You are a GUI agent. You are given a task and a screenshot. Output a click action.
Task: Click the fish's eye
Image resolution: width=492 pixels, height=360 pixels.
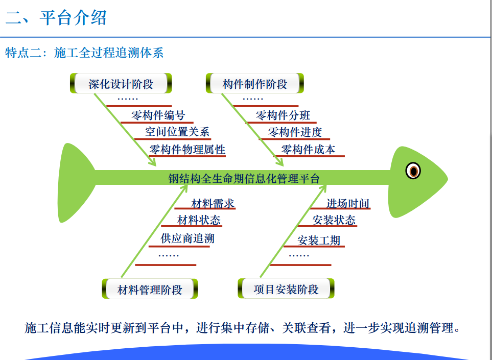(413, 171)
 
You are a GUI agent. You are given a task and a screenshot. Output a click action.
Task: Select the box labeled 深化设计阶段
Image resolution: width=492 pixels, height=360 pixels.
(121, 83)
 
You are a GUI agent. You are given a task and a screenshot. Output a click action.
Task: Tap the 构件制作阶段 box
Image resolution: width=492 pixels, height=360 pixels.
(255, 83)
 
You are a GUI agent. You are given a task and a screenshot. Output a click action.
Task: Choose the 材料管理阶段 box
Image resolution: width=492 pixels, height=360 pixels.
(150, 289)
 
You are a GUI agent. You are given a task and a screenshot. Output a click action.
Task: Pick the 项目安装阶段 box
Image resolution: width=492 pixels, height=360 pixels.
(286, 289)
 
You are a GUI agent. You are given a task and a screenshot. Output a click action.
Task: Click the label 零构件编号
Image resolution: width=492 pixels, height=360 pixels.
(158, 115)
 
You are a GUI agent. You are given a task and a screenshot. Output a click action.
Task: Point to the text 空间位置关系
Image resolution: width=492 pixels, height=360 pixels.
(177, 132)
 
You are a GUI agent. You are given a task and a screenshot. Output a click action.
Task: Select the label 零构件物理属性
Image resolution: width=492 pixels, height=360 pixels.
(188, 149)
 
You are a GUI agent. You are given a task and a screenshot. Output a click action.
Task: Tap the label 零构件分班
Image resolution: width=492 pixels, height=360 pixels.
(283, 115)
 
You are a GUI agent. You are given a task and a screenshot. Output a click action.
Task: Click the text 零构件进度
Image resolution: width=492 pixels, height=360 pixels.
(295, 132)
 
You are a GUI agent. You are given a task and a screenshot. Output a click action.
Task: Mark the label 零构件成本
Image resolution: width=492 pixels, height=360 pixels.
(308, 149)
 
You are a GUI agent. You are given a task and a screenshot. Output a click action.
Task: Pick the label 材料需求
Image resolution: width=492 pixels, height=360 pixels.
(213, 204)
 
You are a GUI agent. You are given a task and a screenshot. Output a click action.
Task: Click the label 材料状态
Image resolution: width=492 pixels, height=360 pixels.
(199, 220)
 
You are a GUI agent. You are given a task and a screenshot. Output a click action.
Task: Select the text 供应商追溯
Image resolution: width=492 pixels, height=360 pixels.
(188, 238)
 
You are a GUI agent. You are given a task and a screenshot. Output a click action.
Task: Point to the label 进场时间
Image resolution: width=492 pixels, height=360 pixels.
(347, 204)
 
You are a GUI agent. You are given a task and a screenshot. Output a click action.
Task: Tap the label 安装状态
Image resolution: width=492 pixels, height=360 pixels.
(334, 220)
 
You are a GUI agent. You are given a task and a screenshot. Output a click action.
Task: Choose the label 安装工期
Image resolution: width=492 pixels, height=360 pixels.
(319, 241)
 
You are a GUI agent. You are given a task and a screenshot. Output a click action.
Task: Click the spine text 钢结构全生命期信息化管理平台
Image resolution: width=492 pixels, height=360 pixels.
(244, 178)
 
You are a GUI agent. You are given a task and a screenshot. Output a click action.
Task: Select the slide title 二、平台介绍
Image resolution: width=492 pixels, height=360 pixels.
(56, 17)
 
